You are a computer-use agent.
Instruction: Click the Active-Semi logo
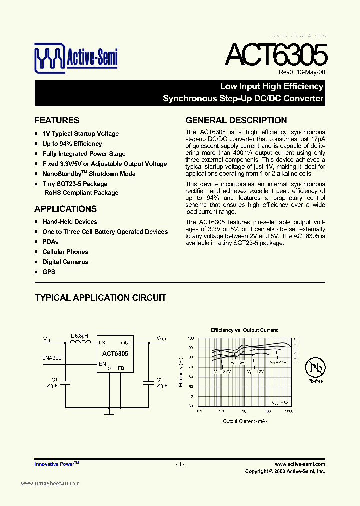(x=76, y=58)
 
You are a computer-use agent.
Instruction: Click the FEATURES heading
(x=57, y=120)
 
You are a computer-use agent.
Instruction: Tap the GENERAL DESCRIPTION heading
(x=236, y=120)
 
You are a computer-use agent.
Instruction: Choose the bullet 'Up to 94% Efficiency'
(x=72, y=144)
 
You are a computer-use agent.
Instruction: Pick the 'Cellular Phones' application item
(x=65, y=252)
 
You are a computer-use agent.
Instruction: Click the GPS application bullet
(x=49, y=272)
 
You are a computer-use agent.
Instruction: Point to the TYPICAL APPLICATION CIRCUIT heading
(x=100, y=298)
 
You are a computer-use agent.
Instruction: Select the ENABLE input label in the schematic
(x=52, y=358)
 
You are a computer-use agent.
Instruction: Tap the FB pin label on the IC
(x=121, y=368)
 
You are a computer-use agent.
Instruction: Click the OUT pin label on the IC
(x=126, y=343)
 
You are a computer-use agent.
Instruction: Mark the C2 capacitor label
(x=159, y=380)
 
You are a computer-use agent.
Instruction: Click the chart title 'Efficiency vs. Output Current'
(x=244, y=330)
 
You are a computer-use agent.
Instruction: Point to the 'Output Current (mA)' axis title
(x=244, y=421)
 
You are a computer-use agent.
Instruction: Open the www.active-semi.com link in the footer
(x=300, y=464)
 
